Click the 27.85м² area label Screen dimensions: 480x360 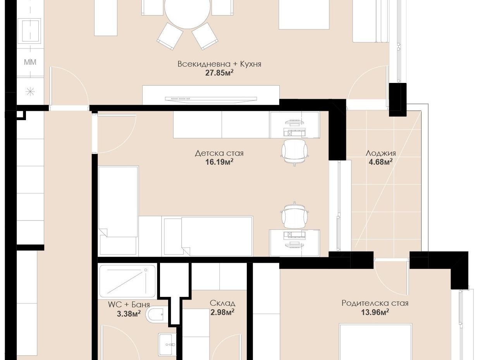pyautogui.click(x=219, y=72)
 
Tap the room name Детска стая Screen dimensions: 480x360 pyautogui.click(x=219, y=153)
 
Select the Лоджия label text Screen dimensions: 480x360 pyautogui.click(x=381, y=153)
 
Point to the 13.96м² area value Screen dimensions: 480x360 pyautogui.click(x=375, y=312)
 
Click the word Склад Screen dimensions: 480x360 pyautogui.click(x=222, y=303)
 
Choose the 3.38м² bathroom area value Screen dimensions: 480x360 pyautogui.click(x=129, y=314)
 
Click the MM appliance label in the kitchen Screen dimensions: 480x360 pyautogui.click(x=30, y=62)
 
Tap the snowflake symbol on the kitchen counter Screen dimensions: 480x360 pyautogui.click(x=30, y=91)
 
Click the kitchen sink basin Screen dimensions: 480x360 pyautogui.click(x=31, y=30)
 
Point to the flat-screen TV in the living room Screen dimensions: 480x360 pyautogui.click(x=211, y=99)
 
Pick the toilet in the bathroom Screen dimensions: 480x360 pyautogui.click(x=156, y=315)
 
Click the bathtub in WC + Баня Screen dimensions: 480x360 pyautogui.click(x=127, y=281)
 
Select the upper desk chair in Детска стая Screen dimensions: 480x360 pyautogui.click(x=294, y=152)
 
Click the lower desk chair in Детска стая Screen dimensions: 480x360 pyautogui.click(x=294, y=215)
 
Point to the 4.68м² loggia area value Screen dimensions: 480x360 pyautogui.click(x=381, y=162)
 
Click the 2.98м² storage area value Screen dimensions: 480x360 pyautogui.click(x=222, y=312)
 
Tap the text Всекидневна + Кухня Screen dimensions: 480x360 pyautogui.click(x=219, y=64)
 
